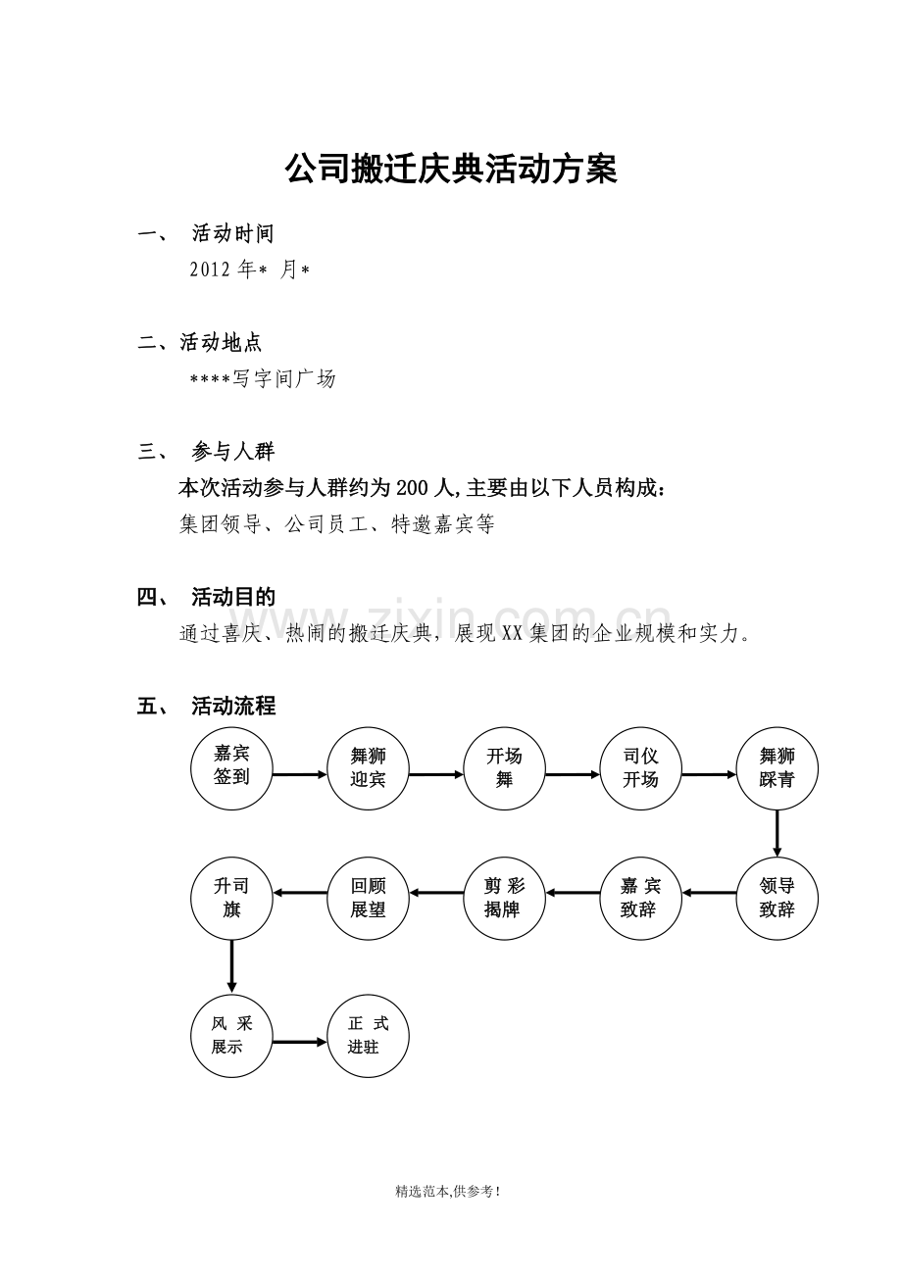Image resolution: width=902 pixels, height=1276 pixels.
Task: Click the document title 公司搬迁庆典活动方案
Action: (x=451, y=170)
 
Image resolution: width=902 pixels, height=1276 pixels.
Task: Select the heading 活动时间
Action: (x=233, y=233)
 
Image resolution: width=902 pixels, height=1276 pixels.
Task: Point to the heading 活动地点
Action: (x=221, y=342)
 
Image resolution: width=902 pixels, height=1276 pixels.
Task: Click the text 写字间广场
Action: (x=283, y=379)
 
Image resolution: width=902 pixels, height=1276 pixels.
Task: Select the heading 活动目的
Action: (x=233, y=597)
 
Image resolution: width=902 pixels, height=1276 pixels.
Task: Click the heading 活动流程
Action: (x=233, y=707)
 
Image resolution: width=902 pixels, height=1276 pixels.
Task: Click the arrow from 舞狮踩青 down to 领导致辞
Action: (x=777, y=833)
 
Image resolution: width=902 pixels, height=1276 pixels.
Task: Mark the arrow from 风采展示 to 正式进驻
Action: (x=300, y=1042)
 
